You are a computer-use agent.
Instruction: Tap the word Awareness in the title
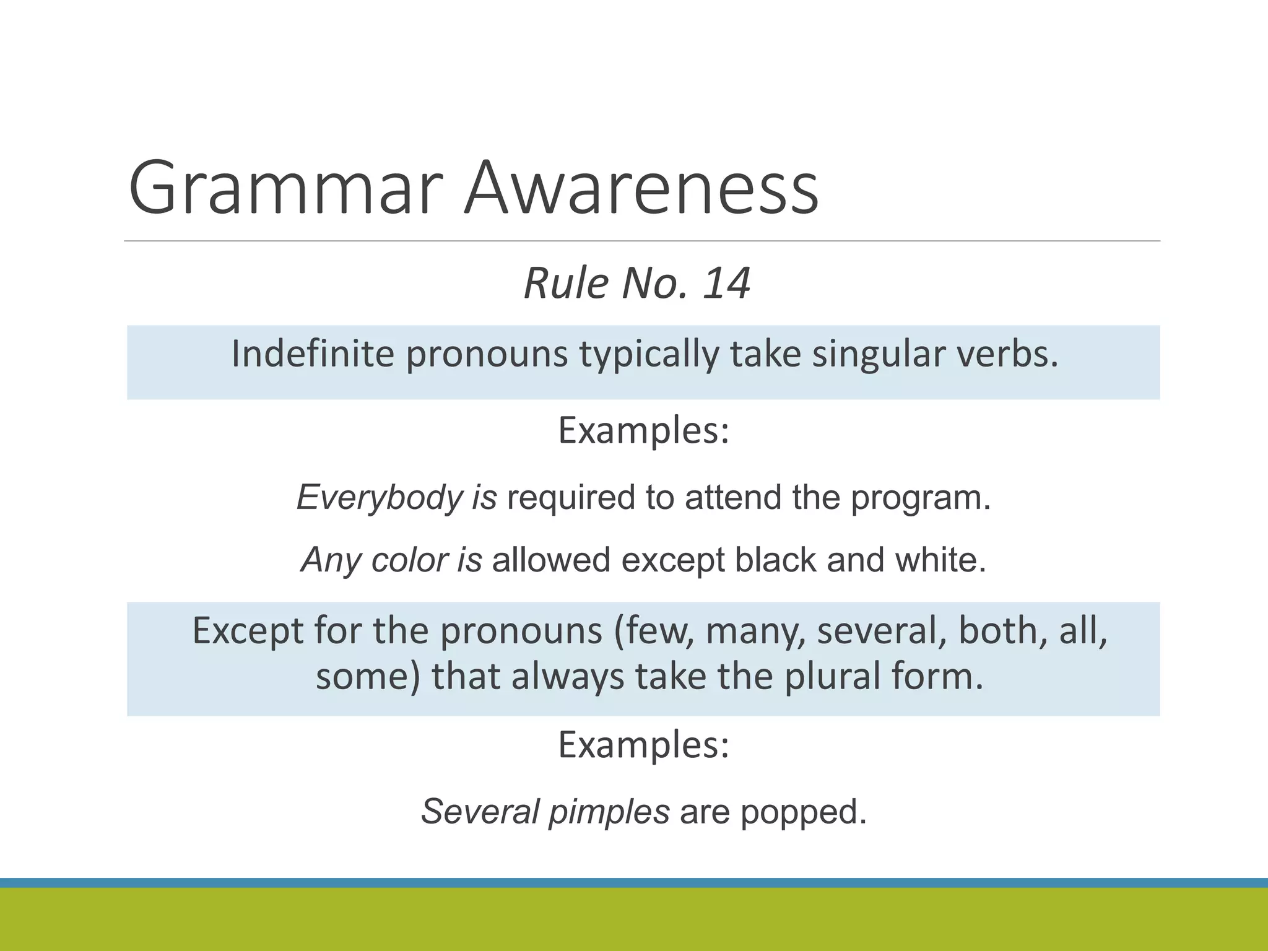pyautogui.click(x=641, y=188)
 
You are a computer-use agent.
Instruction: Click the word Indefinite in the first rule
pyautogui.click(x=313, y=354)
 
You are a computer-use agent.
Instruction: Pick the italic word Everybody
pyautogui.click(x=379, y=498)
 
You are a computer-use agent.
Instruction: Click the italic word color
pyautogui.click(x=409, y=560)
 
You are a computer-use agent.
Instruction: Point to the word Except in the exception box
pyautogui.click(x=248, y=632)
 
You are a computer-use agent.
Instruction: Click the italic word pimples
pyautogui.click(x=609, y=812)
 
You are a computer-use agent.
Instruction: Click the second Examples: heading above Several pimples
pyautogui.click(x=643, y=745)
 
